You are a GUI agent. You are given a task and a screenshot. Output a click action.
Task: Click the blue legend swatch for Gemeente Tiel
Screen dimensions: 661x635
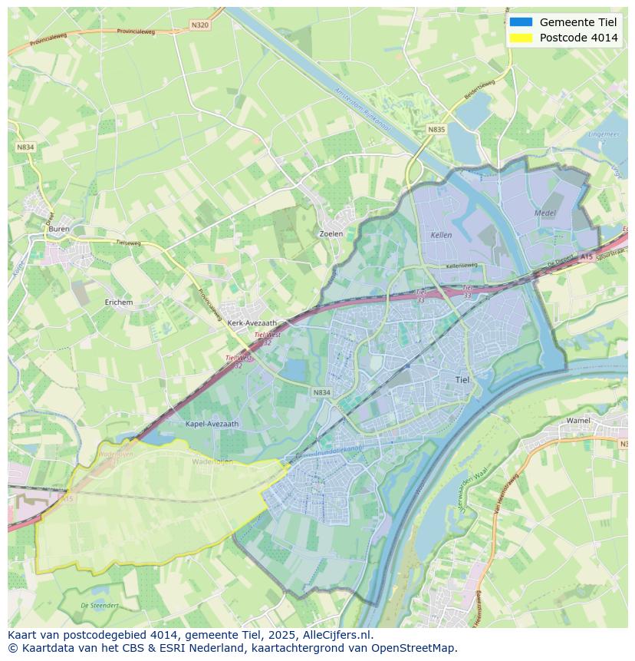click(x=521, y=21)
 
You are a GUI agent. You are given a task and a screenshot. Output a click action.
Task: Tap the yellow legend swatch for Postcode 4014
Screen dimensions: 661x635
click(x=521, y=38)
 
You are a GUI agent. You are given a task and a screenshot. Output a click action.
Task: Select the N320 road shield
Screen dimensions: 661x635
click(x=199, y=25)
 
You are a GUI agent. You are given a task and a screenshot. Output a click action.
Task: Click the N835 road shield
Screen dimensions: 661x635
click(x=436, y=130)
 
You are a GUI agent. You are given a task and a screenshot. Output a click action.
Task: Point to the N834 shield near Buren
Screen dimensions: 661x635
click(x=26, y=147)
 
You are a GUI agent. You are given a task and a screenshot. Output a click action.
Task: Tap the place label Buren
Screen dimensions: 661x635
click(x=58, y=229)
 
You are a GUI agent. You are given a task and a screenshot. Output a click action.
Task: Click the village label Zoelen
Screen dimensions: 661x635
click(x=331, y=234)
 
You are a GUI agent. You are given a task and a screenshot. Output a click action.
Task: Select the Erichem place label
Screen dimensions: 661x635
click(x=119, y=302)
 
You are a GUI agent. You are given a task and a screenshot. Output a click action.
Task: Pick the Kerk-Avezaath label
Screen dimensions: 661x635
click(x=252, y=323)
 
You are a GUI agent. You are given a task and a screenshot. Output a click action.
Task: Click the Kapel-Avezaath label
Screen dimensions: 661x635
click(x=212, y=423)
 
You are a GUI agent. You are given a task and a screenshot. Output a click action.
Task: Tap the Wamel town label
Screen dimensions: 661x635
click(x=578, y=421)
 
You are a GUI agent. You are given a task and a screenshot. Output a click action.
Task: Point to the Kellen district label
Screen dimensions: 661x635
click(x=441, y=235)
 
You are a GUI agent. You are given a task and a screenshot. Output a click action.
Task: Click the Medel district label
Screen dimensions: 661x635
click(x=545, y=213)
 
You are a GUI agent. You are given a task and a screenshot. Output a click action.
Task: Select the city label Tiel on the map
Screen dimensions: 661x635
click(x=462, y=379)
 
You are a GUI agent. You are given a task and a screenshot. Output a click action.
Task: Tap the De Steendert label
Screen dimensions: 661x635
click(x=100, y=606)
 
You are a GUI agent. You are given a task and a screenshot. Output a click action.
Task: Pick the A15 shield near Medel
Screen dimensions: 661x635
click(x=587, y=256)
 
